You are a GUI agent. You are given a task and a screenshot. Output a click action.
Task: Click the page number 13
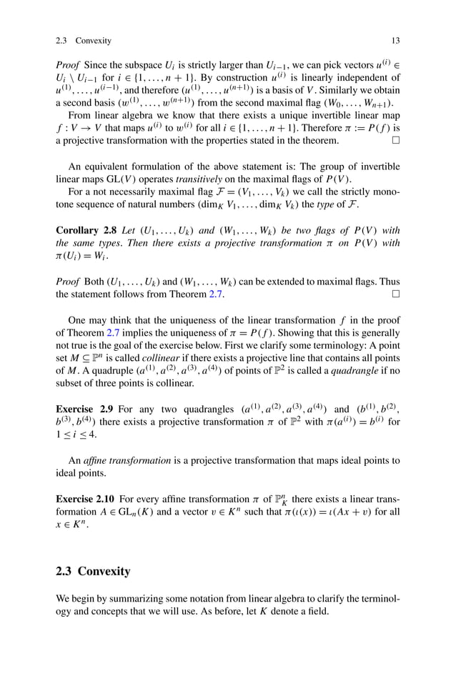point(395,41)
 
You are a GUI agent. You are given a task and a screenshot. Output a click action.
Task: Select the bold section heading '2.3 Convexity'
point(93,571)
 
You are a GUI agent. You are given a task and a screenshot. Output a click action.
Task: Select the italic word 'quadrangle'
point(357,372)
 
